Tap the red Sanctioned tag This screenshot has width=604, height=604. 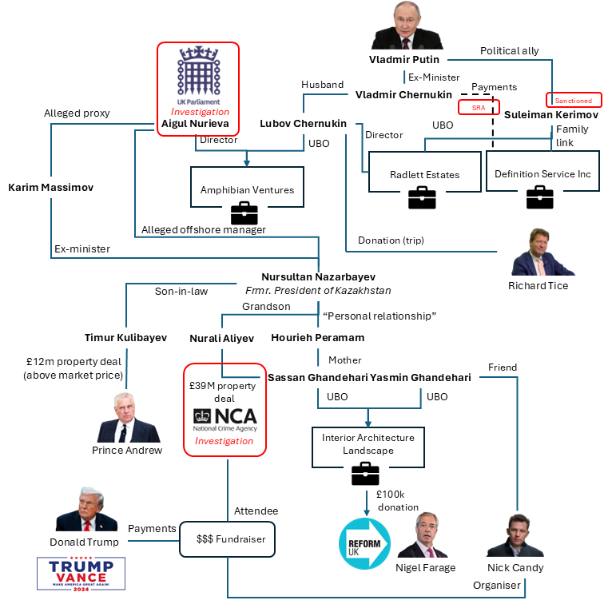pyautogui.click(x=573, y=101)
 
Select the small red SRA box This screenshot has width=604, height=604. pyautogui.click(x=479, y=107)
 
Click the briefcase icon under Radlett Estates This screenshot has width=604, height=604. pyautogui.click(x=422, y=197)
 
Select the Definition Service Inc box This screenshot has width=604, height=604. pyautogui.click(x=541, y=173)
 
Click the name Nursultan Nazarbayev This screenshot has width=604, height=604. pyautogui.click(x=318, y=276)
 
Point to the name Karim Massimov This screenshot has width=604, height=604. pyautogui.click(x=50, y=188)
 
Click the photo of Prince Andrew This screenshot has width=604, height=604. pyautogui.click(x=128, y=419)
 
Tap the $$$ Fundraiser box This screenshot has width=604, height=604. pyautogui.click(x=227, y=538)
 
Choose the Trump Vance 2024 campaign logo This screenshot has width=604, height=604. pyautogui.click(x=81, y=573)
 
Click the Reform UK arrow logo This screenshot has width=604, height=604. pyautogui.click(x=364, y=542)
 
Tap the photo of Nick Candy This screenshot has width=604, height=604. pyautogui.click(x=510, y=536)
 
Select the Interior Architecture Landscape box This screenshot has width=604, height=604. pyautogui.click(x=368, y=444)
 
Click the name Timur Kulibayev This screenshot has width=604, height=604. pyautogui.click(x=125, y=338)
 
